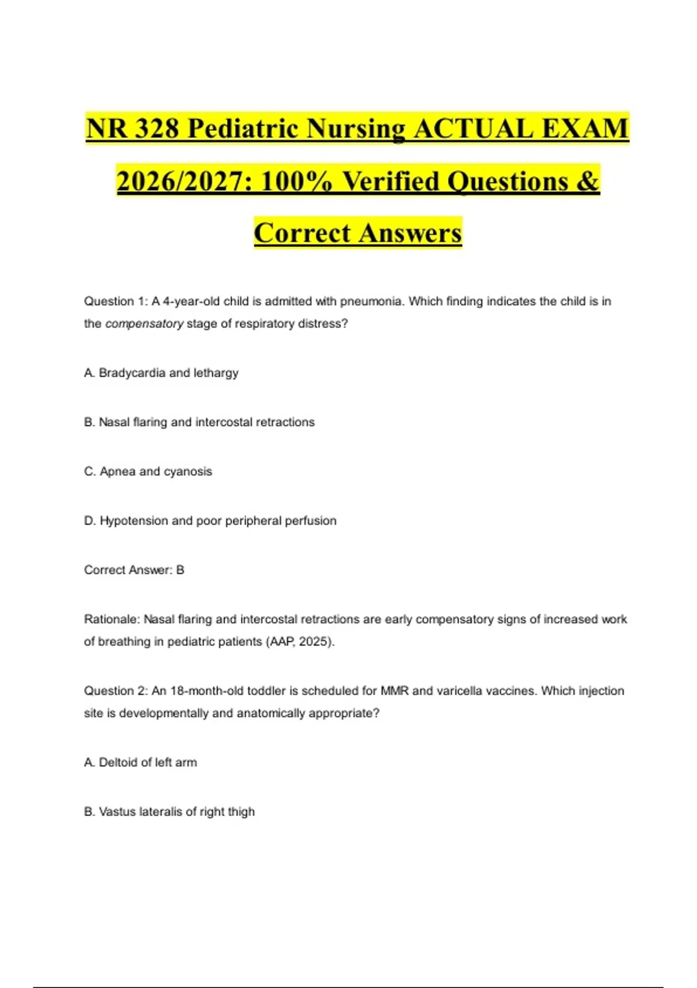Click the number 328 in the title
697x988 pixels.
pyautogui.click(x=156, y=128)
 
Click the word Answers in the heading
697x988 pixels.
pyautogui.click(x=410, y=233)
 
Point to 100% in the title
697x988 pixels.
pyautogui.click(x=296, y=181)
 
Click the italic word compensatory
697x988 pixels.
pyautogui.click(x=144, y=324)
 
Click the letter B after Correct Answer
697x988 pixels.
pyautogui.click(x=180, y=570)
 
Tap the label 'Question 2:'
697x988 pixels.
pyautogui.click(x=116, y=691)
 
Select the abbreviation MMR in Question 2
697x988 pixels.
pyautogui.click(x=394, y=691)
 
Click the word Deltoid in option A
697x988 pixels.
pyautogui.click(x=118, y=762)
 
